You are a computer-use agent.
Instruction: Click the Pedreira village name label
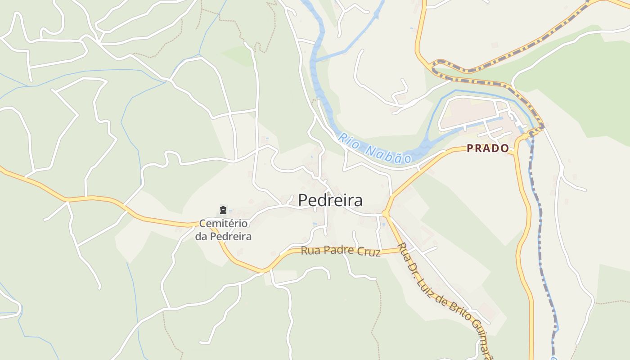coord(330,200)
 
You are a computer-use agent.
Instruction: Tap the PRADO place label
coord(488,148)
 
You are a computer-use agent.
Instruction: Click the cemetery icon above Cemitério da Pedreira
coord(223,210)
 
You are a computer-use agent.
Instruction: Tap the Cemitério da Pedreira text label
coord(223,229)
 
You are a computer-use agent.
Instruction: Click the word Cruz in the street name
coord(370,252)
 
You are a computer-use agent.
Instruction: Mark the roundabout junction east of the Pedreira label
coord(386,213)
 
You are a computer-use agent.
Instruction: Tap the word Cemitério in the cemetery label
coord(223,224)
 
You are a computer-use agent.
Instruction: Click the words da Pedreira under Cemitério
coord(223,236)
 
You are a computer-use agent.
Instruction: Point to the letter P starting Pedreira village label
coord(304,200)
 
